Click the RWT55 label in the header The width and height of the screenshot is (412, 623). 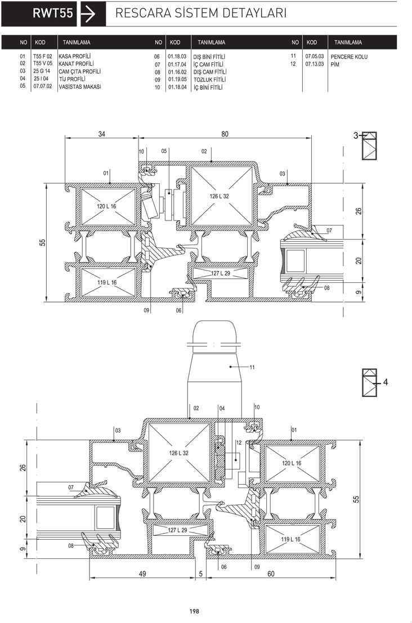pyautogui.click(x=53, y=13)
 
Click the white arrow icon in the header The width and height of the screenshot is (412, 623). pyautogui.click(x=88, y=14)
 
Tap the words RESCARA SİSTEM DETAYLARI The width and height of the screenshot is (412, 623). pyautogui.click(x=201, y=13)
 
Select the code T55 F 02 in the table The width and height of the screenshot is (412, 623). pyautogui.click(x=43, y=56)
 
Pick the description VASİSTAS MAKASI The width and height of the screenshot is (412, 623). pyautogui.click(x=80, y=87)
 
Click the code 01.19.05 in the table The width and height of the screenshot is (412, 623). pyautogui.click(x=177, y=79)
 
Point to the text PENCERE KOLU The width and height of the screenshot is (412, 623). pyautogui.click(x=349, y=57)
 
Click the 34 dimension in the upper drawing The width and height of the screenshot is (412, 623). pyautogui.click(x=102, y=134)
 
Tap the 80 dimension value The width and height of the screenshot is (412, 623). pyautogui.click(x=225, y=134)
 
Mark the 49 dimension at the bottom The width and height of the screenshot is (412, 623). pyautogui.click(x=142, y=574)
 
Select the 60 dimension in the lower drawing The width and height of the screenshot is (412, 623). pyautogui.click(x=271, y=574)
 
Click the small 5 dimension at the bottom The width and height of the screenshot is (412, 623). pyautogui.click(x=201, y=574)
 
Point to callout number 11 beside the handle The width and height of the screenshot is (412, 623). pyautogui.click(x=252, y=367)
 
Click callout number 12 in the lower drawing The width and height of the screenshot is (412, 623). pyautogui.click(x=239, y=442)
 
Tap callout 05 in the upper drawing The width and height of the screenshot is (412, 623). pyautogui.click(x=164, y=151)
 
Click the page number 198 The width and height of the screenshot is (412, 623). pyautogui.click(x=194, y=611)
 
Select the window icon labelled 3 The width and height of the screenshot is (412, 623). pyautogui.click(x=369, y=146)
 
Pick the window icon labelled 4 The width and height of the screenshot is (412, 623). pyautogui.click(x=369, y=382)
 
